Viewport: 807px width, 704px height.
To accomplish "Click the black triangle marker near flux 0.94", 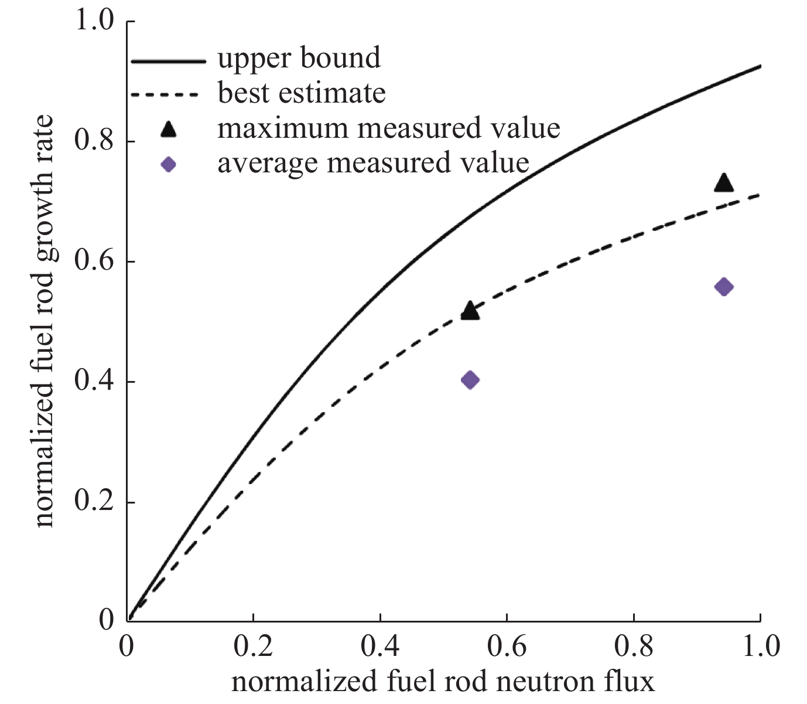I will point(724,183).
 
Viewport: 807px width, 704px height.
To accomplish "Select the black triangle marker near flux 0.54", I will point(470,311).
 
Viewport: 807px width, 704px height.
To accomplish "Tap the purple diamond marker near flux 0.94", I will point(724,287).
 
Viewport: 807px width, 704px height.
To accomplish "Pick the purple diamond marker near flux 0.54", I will point(470,380).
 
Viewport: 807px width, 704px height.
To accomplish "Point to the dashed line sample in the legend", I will point(168,95).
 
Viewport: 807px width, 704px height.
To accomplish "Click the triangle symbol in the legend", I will point(169,130).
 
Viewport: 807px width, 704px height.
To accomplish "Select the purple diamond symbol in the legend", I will point(169,164).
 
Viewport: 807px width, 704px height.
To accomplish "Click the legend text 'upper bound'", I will point(299,58).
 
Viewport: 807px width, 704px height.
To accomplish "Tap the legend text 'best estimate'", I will point(302,93).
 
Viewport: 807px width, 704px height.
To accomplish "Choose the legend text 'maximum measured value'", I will point(389,128).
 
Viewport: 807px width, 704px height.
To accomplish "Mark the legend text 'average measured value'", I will point(373,162).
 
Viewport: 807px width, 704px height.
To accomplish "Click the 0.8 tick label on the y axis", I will point(94,141).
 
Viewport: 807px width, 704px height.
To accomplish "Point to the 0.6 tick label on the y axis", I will point(94,261).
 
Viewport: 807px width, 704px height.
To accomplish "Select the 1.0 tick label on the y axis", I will point(94,21).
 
